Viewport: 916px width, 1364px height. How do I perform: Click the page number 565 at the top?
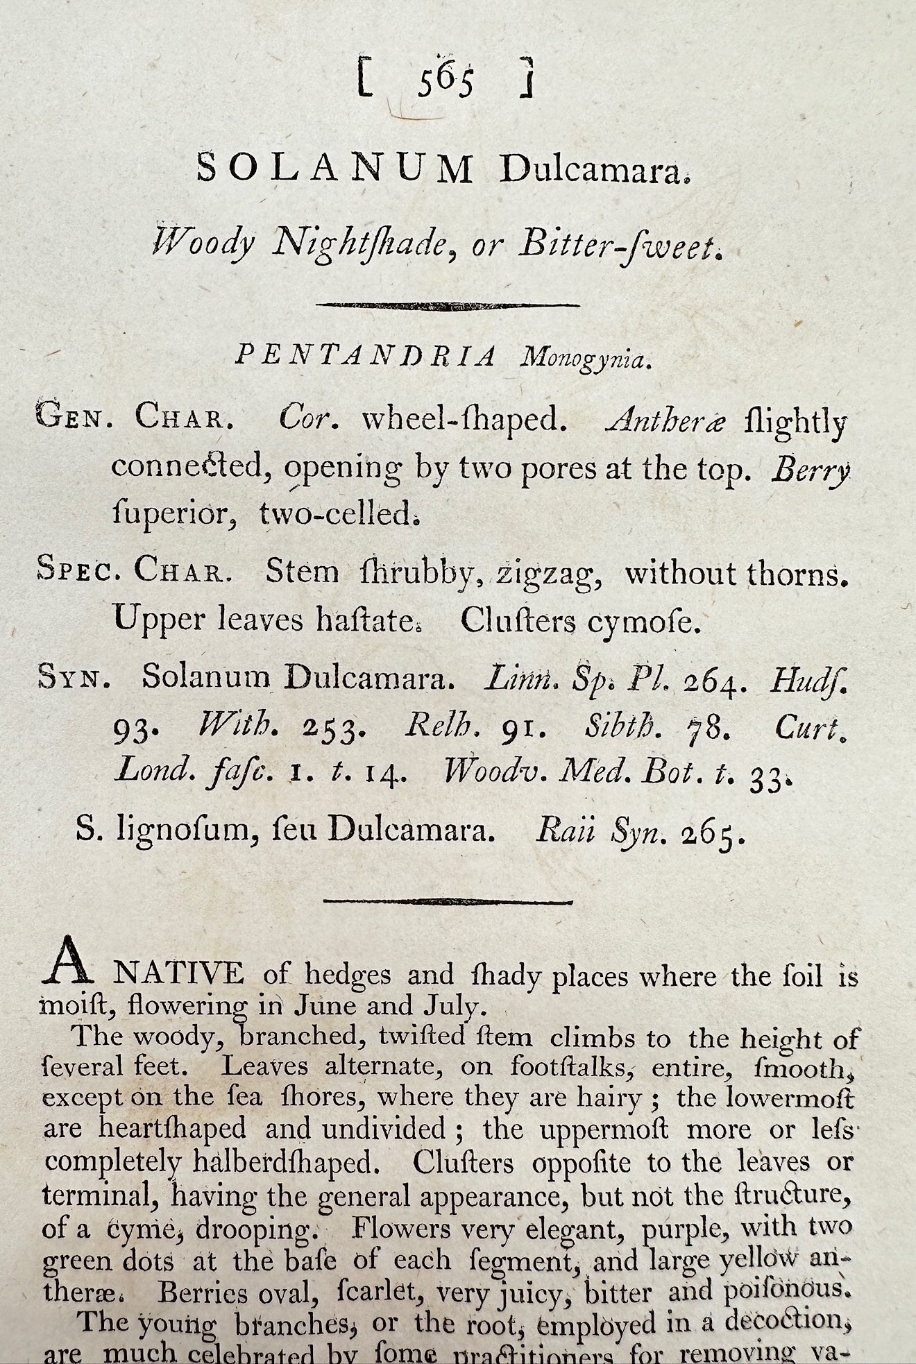pyautogui.click(x=446, y=82)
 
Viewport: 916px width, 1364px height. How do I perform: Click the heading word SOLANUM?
pyautogui.click(x=335, y=169)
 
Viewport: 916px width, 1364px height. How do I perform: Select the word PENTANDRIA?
pyautogui.click(x=366, y=355)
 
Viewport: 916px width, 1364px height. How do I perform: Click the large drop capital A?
pyautogui.click(x=67, y=961)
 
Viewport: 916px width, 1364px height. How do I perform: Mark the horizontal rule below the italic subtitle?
pyautogui.click(x=448, y=305)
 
